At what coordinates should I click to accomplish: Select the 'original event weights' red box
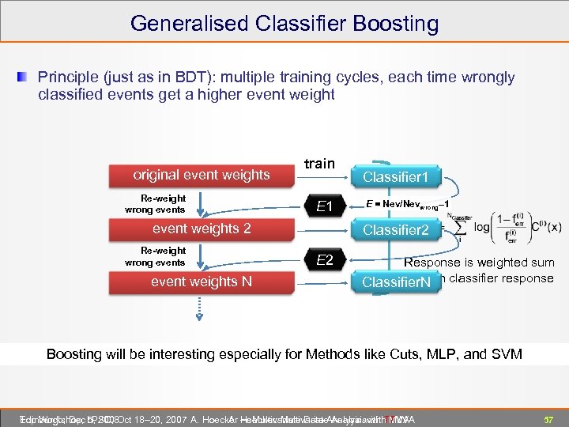point(201,175)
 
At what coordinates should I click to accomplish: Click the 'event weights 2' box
point(201,229)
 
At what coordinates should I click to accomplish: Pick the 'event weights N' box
point(201,282)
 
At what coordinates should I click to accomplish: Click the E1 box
point(323,207)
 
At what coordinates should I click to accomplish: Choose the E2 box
point(324,261)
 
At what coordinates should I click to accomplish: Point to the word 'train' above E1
point(319,164)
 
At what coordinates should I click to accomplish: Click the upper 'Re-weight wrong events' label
point(155,204)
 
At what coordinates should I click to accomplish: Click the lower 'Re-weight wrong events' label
point(155,257)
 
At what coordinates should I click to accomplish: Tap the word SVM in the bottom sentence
point(505,353)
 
